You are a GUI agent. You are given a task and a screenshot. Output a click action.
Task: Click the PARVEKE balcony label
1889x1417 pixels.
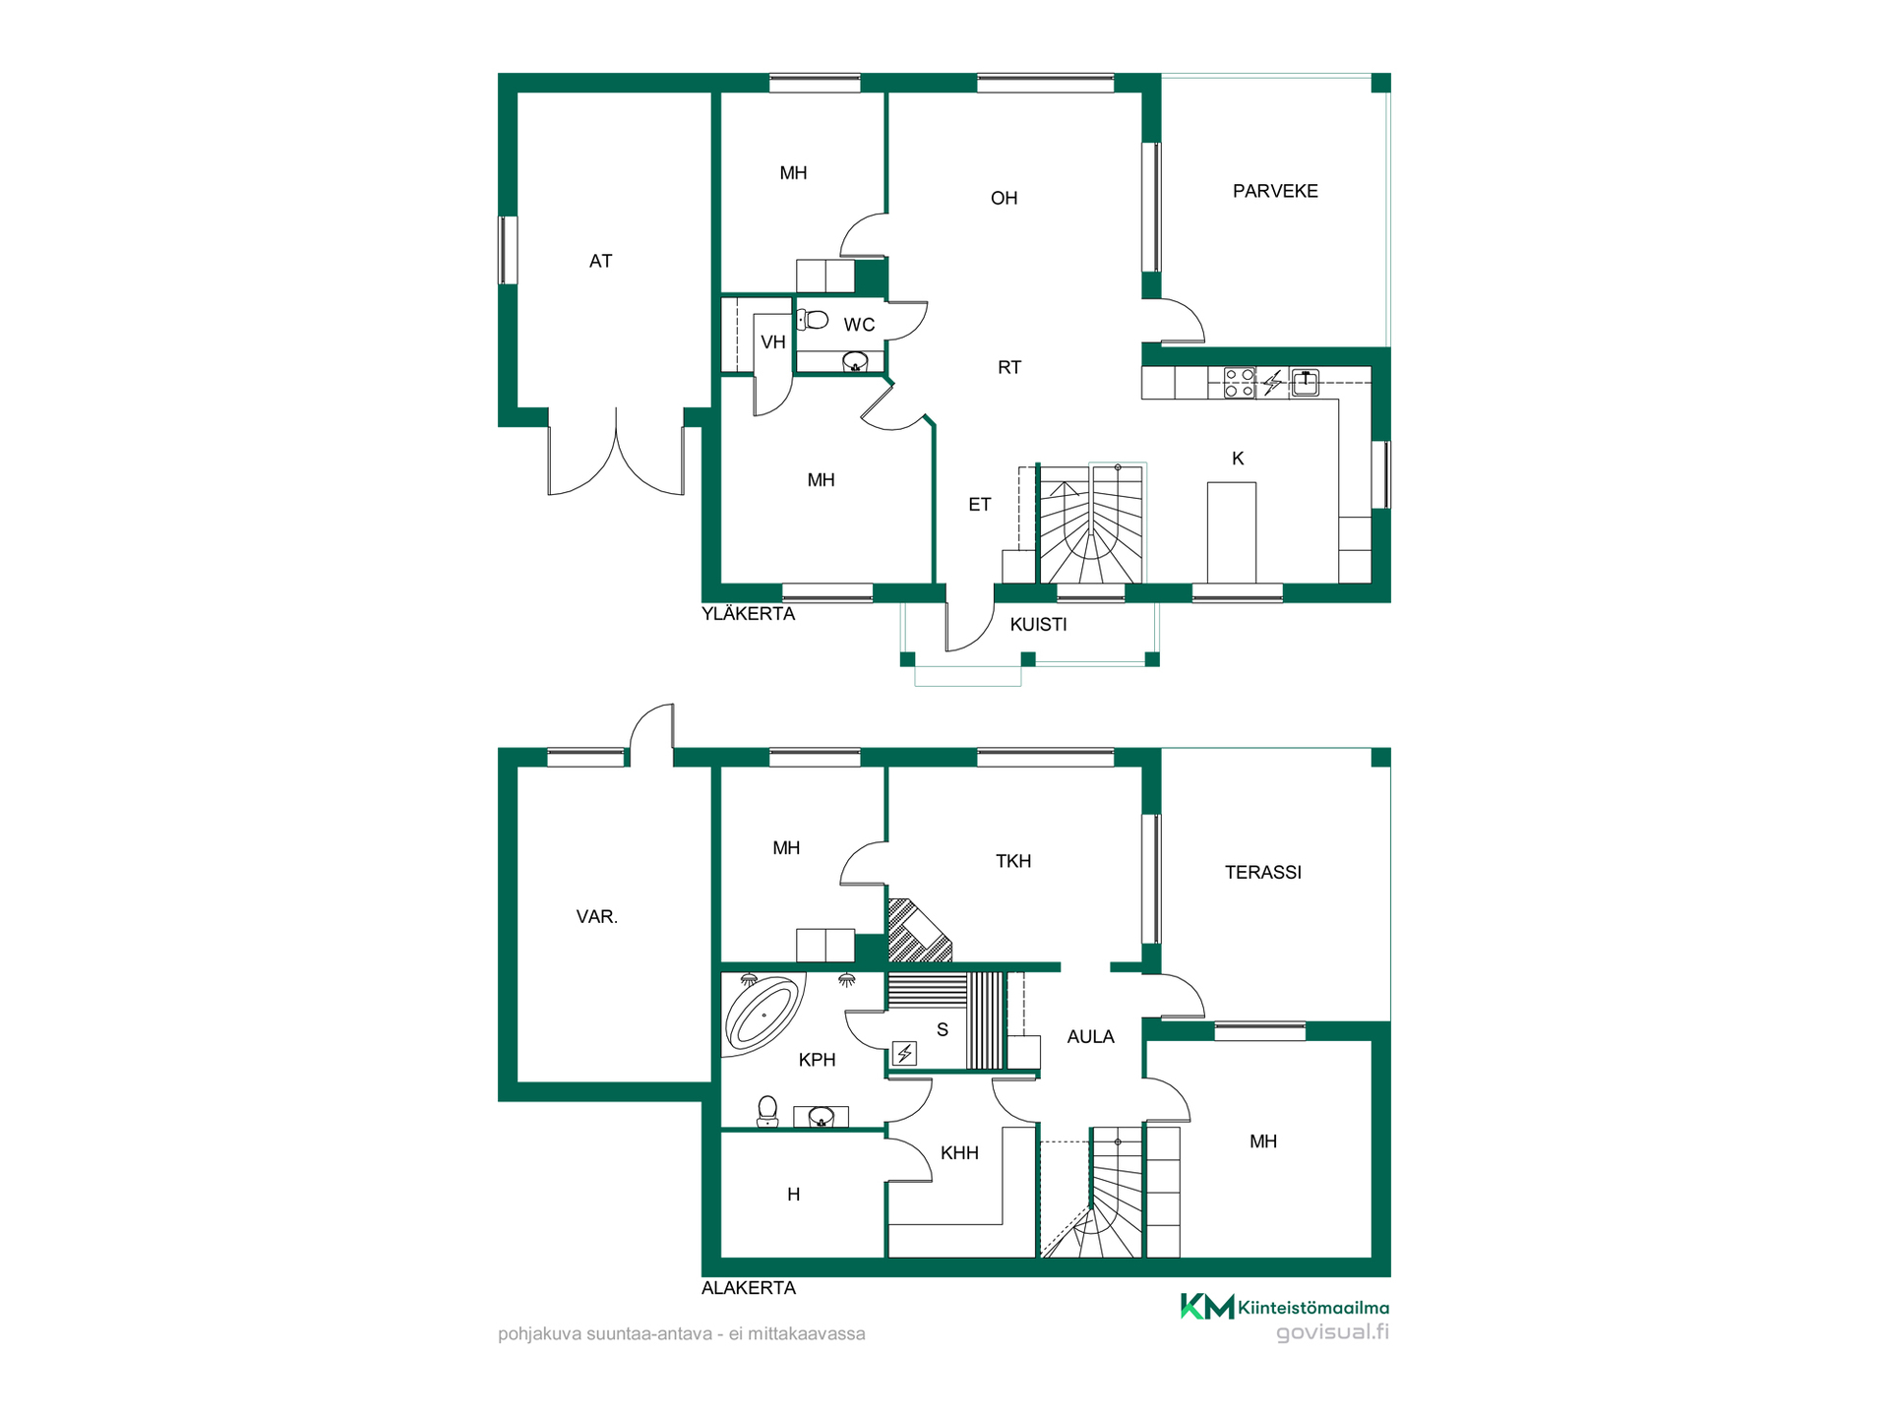1275,191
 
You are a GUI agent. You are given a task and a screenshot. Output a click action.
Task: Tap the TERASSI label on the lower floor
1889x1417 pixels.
1262,872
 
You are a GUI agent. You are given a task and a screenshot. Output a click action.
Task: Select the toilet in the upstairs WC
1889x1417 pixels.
813,319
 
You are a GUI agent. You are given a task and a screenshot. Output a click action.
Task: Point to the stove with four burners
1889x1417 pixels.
1240,382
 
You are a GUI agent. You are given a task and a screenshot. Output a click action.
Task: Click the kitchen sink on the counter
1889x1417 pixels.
1306,382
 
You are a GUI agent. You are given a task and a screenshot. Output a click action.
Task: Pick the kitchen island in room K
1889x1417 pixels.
1232,532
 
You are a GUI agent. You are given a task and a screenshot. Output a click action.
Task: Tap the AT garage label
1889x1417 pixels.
600,261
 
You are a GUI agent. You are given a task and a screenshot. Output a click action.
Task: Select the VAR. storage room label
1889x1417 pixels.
597,916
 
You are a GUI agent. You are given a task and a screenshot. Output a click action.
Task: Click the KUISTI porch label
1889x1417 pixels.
1038,624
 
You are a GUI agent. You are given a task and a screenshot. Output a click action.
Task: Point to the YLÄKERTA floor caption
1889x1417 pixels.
748,613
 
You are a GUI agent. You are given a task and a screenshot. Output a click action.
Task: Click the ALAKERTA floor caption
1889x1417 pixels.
748,1287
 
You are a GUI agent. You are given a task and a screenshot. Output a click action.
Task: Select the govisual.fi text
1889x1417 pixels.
1332,1332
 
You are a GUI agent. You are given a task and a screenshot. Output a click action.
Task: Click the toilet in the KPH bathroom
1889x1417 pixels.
767,1111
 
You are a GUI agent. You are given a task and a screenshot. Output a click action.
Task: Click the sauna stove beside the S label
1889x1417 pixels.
904,1054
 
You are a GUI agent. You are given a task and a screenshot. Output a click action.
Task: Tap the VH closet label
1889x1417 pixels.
773,341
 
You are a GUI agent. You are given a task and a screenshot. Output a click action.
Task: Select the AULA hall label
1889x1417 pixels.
1090,1036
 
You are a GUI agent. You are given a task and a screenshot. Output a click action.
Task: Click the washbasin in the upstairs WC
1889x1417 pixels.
855,362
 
